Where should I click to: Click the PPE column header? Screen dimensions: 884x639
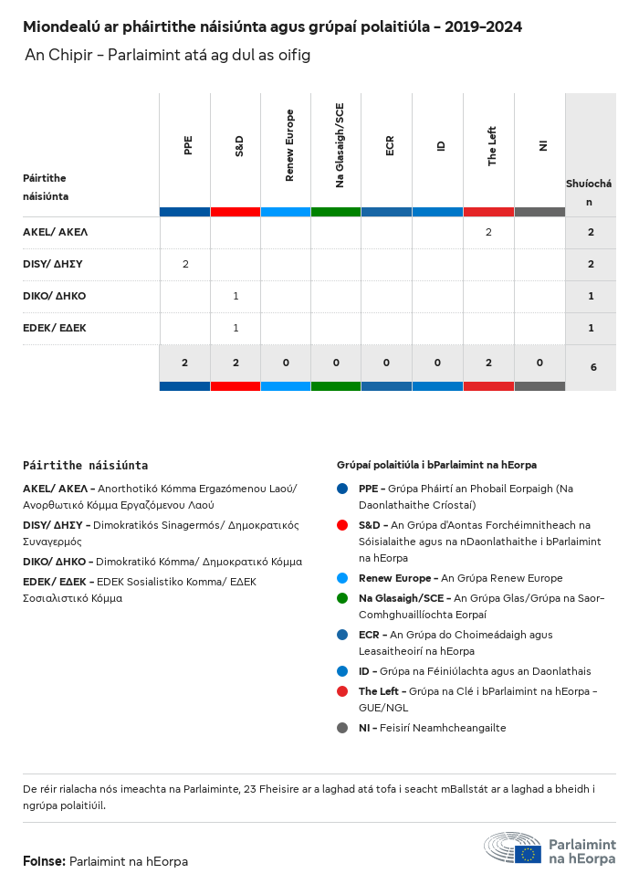click(x=188, y=145)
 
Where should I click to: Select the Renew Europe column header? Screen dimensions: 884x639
click(x=289, y=145)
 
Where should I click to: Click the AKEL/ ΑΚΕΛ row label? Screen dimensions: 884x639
click(x=56, y=232)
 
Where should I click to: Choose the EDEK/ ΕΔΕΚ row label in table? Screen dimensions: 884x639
click(x=55, y=328)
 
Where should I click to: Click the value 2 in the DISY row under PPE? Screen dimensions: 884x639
click(x=185, y=264)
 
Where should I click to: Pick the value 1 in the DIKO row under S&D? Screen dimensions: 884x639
click(x=236, y=296)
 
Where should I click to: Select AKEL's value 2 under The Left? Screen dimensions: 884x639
click(x=488, y=232)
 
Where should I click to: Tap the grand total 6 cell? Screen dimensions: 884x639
click(x=593, y=367)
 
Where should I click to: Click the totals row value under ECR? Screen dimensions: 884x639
click(x=387, y=363)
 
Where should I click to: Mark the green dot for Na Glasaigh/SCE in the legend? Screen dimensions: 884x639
click(x=342, y=597)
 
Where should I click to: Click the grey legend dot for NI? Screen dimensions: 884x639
click(x=342, y=728)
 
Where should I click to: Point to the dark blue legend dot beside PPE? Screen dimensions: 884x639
click(x=342, y=489)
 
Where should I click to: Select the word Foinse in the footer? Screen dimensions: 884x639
click(x=44, y=861)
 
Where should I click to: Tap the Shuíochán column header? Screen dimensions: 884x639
click(x=589, y=193)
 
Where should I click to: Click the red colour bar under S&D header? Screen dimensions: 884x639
click(x=236, y=212)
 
